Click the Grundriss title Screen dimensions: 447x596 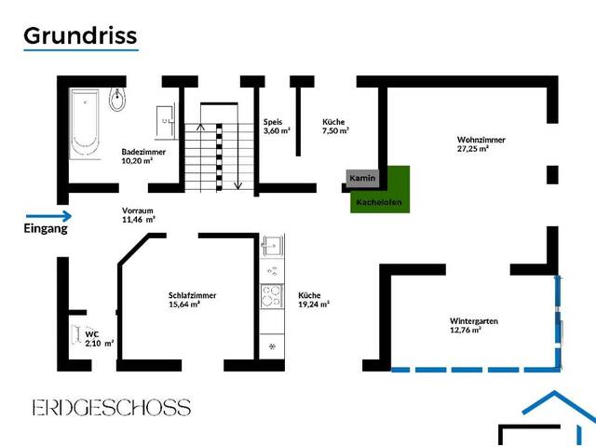point(80,35)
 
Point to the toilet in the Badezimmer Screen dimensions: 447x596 point(117,96)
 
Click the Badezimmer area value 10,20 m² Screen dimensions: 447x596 point(137,160)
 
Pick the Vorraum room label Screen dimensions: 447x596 point(136,210)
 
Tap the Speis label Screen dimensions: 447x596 point(272,122)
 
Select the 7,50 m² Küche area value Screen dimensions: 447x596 point(335,131)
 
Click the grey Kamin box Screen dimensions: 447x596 point(360,177)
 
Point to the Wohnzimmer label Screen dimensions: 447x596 point(481,140)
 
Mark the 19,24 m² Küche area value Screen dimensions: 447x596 point(314,304)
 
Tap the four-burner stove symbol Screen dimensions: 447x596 point(272,296)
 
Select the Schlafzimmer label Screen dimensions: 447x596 point(192,295)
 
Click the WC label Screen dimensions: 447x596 point(91,333)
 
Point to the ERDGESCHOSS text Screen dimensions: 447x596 point(111,408)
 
